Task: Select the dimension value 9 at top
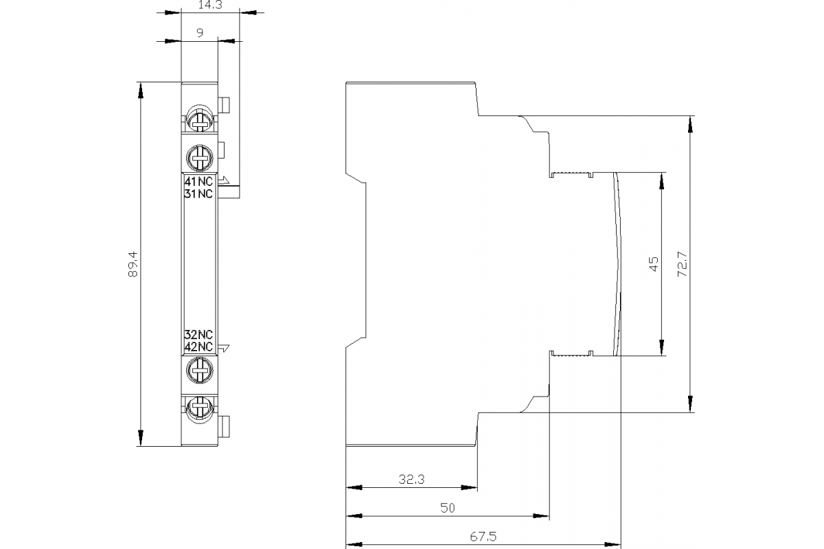[x=199, y=32]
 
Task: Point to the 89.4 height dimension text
[x=133, y=264]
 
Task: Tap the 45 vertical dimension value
[x=654, y=264]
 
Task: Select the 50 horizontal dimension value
[x=448, y=508]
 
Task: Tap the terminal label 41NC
[x=199, y=182]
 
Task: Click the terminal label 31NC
[x=199, y=194]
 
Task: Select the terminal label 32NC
[x=199, y=334]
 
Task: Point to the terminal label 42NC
[x=199, y=347]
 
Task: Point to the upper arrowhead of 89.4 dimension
[x=141, y=89]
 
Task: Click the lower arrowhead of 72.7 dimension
[x=691, y=406]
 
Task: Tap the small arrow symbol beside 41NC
[x=224, y=181]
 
